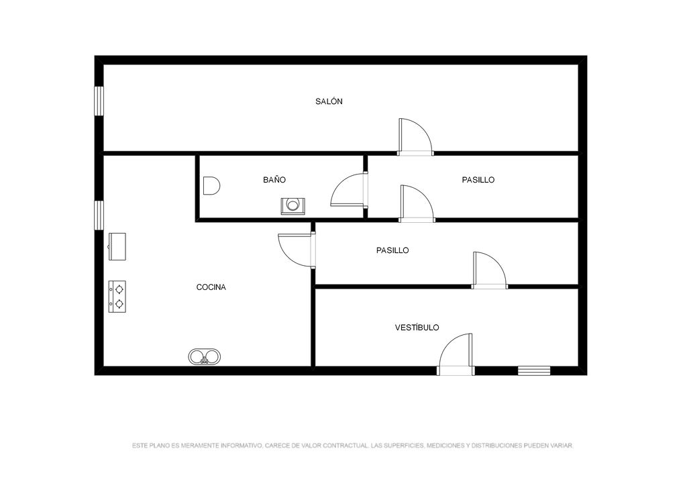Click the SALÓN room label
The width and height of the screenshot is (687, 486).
click(329, 101)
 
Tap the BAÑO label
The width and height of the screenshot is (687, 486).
click(274, 180)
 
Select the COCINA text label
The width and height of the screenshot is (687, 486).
click(211, 287)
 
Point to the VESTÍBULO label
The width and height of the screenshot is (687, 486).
click(417, 328)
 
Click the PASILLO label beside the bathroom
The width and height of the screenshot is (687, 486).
click(478, 180)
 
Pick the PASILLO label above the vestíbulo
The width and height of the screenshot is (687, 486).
click(392, 250)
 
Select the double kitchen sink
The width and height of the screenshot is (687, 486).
click(204, 356)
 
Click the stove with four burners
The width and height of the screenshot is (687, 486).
click(117, 297)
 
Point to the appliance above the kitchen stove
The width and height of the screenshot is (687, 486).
click(117, 247)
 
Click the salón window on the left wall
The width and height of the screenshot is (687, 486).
click(99, 101)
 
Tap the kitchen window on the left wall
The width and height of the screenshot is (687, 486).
click(99, 215)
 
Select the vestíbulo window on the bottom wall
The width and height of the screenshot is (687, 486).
click(533, 371)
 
